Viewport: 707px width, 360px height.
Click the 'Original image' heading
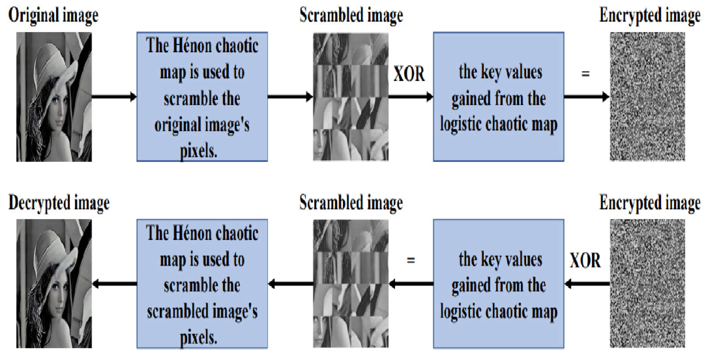click(x=53, y=15)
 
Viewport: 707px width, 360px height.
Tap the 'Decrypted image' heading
click(x=59, y=203)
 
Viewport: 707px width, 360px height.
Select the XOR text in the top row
click(x=409, y=74)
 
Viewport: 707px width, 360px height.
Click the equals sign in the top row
click(x=585, y=74)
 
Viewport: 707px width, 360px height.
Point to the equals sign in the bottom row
click(x=411, y=260)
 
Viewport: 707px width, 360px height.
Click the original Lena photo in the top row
click(x=54, y=97)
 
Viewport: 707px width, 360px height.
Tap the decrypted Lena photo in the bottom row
click(x=54, y=284)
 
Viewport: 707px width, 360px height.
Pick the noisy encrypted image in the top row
click(x=647, y=97)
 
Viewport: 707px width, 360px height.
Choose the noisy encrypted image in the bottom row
click(x=647, y=284)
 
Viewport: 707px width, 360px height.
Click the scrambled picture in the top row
click(x=351, y=97)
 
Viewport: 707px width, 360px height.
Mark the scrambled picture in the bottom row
click(x=351, y=284)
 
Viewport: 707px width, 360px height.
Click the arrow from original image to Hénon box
click(x=114, y=97)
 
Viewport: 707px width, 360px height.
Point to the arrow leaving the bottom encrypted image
click(x=587, y=284)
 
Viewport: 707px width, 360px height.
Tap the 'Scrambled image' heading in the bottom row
click(x=351, y=203)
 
